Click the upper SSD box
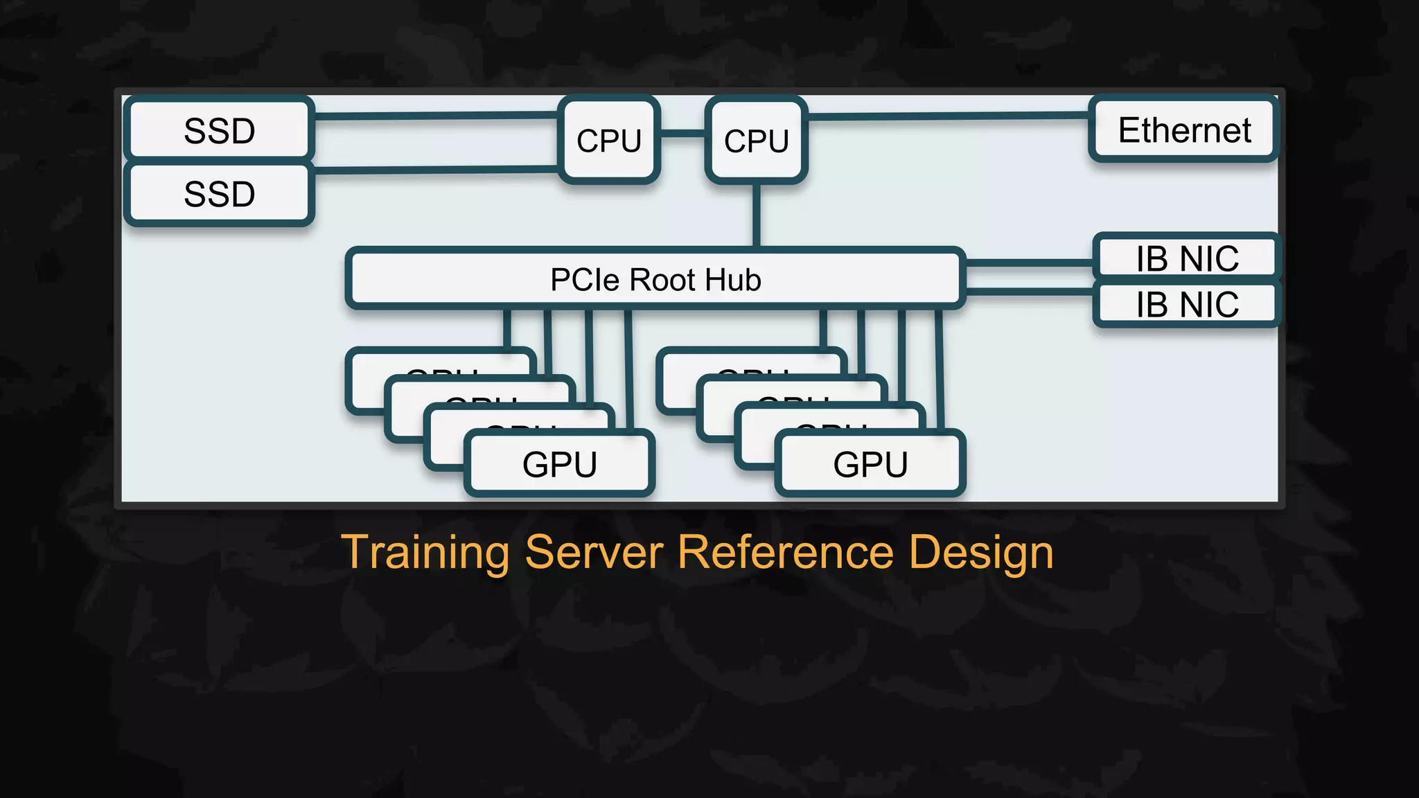point(219,130)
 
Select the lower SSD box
point(219,194)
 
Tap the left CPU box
point(609,140)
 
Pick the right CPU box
point(756,140)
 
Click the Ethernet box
point(1184,130)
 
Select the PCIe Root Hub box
point(655,278)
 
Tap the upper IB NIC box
point(1186,258)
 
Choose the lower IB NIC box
point(1186,305)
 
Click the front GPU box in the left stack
point(559,463)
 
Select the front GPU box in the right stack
point(870,463)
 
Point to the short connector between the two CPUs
point(682,133)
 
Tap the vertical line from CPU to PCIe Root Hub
point(756,215)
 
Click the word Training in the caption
point(425,553)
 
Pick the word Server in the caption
point(594,553)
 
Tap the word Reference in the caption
point(785,553)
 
